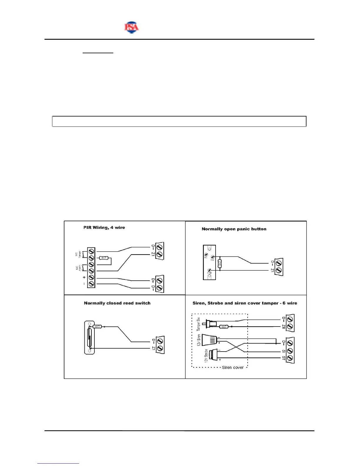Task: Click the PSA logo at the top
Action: pos(131,27)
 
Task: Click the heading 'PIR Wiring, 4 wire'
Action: pos(104,227)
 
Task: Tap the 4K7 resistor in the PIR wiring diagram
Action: pos(104,258)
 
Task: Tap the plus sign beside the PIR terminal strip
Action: pos(84,277)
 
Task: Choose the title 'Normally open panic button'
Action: pos(234,229)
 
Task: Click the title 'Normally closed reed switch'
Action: pos(117,303)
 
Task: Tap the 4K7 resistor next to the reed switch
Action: pos(97,327)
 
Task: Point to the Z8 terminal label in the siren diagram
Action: pos(284,327)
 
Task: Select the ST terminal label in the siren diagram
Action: pos(284,358)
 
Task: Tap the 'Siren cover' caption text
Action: pos(233,367)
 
